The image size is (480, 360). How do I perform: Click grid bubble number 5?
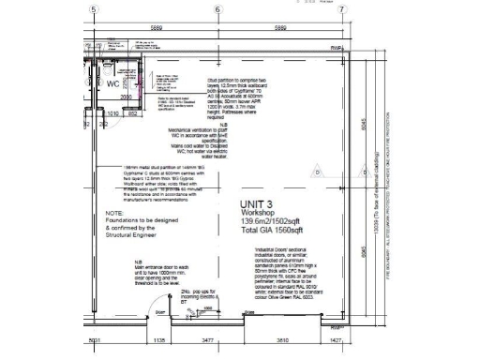coord(93,8)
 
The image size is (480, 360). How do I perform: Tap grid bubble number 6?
coord(217,8)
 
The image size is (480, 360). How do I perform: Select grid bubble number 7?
coord(341,8)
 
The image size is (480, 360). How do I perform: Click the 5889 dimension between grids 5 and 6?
coord(155,29)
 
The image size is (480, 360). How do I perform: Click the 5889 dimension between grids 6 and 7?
coord(279,29)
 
